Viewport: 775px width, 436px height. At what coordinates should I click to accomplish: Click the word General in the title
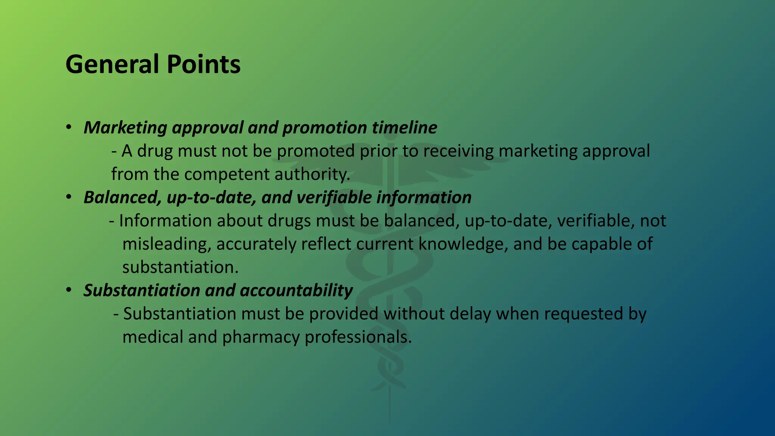[x=112, y=64]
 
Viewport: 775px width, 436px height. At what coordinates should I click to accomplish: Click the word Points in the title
[x=203, y=64]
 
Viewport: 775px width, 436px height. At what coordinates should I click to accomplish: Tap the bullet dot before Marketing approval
[x=68, y=127]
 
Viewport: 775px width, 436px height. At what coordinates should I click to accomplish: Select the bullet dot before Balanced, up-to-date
[x=68, y=197]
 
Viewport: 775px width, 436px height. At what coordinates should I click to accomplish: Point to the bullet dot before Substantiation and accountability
[x=68, y=290]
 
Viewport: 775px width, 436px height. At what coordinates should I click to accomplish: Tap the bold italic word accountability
[x=296, y=291]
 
